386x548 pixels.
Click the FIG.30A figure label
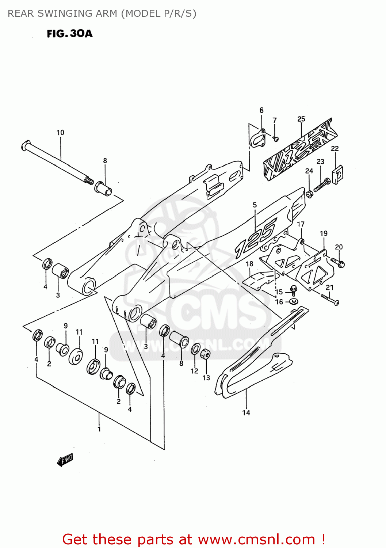[69, 34]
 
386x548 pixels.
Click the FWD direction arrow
[65, 460]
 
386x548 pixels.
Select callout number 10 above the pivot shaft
[60, 133]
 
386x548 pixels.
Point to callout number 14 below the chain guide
[246, 412]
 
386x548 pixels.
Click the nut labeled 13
[206, 354]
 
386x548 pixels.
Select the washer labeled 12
[195, 349]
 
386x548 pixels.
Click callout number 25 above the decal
[301, 119]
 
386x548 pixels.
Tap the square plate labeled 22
[337, 175]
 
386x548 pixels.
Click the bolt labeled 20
[339, 263]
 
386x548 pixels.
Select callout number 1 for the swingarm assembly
[99, 429]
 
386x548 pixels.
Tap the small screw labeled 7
[276, 138]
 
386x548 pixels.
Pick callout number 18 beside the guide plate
[249, 264]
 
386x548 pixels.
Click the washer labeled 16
[293, 301]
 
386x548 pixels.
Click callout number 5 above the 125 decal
[255, 205]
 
